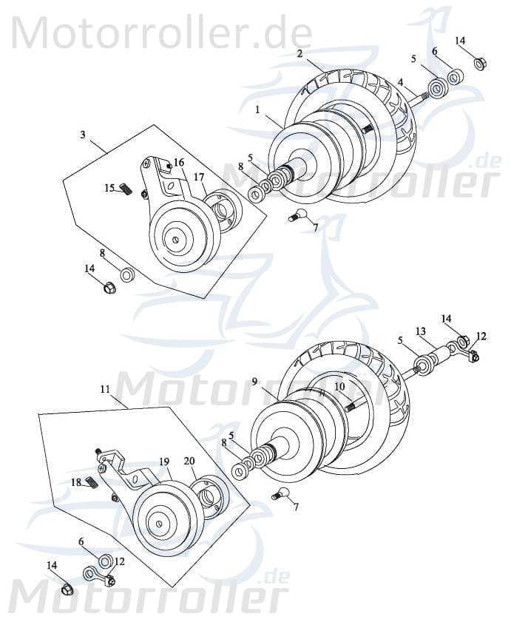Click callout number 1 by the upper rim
[257, 109]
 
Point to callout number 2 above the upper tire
[300, 53]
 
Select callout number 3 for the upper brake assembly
[83, 135]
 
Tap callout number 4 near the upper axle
[400, 82]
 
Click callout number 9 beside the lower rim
[254, 382]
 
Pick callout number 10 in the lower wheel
[339, 385]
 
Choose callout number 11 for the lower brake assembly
[104, 388]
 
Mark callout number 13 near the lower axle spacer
[420, 331]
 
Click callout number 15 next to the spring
[109, 188]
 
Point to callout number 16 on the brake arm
[179, 163]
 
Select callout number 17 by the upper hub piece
[199, 177]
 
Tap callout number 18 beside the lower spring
[76, 482]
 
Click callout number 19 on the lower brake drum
[163, 461]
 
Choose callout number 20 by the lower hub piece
[189, 460]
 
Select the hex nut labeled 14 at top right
[479, 64]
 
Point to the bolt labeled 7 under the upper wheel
[298, 215]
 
